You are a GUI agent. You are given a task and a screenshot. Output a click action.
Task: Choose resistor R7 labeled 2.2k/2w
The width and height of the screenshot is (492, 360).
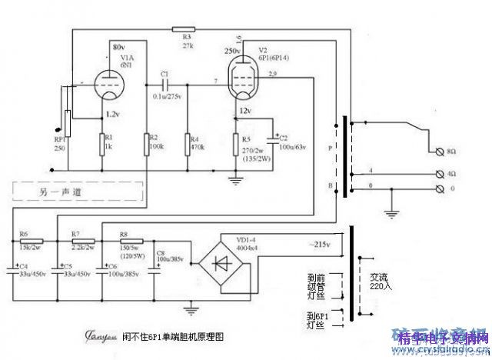pyautogui.click(x=75, y=241)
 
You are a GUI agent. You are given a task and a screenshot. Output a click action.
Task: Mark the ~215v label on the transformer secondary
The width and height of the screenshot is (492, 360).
pyautogui.click(x=321, y=245)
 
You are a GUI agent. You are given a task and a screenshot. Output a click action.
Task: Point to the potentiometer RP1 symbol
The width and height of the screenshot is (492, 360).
pyautogui.click(x=68, y=124)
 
